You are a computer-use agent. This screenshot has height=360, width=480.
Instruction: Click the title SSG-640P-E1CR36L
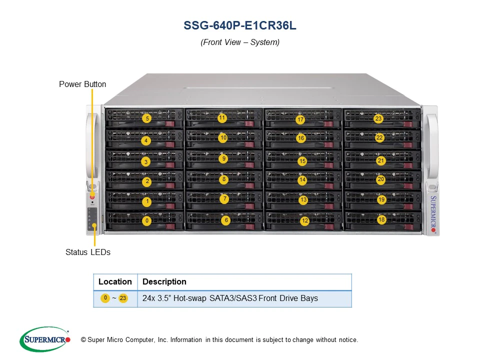tap(240, 25)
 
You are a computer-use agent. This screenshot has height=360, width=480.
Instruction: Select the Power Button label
tap(82, 84)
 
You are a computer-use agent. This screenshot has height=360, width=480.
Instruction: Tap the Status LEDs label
tap(88, 252)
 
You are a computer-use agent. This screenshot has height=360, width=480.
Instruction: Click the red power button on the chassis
tap(92, 197)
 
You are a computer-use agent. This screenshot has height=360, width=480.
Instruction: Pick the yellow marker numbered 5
tap(147, 118)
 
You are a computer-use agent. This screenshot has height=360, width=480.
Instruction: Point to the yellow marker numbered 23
tap(378, 118)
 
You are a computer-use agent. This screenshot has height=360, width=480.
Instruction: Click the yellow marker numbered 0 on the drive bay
tap(147, 220)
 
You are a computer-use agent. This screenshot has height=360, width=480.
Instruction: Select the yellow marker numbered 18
tap(381, 219)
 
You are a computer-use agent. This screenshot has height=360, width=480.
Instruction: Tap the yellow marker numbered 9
tap(224, 158)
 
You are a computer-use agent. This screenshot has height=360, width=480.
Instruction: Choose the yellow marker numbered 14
tap(302, 179)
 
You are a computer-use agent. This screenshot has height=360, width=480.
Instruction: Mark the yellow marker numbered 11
tap(222, 117)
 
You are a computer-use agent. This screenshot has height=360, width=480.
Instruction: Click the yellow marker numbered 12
tap(305, 220)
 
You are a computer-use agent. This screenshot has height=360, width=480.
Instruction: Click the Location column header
tap(115, 281)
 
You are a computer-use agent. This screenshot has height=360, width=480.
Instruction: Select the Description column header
tap(164, 281)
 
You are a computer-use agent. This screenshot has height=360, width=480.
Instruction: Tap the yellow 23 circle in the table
tap(123, 298)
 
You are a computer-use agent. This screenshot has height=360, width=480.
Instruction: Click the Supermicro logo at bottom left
tap(45, 339)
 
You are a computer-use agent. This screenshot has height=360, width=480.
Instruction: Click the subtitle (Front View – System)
tap(240, 42)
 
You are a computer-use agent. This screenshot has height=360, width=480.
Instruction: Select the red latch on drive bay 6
tap(250, 227)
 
